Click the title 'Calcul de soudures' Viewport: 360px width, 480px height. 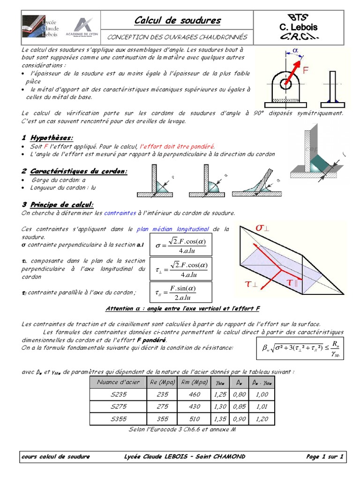click(178, 20)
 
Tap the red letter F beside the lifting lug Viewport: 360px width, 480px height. click(306, 71)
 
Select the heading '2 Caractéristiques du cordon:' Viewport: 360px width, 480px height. click(75, 171)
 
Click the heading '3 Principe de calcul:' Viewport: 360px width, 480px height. click(58, 204)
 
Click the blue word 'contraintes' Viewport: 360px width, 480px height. click(120, 213)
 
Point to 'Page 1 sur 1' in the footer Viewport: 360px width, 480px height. click(325, 456)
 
